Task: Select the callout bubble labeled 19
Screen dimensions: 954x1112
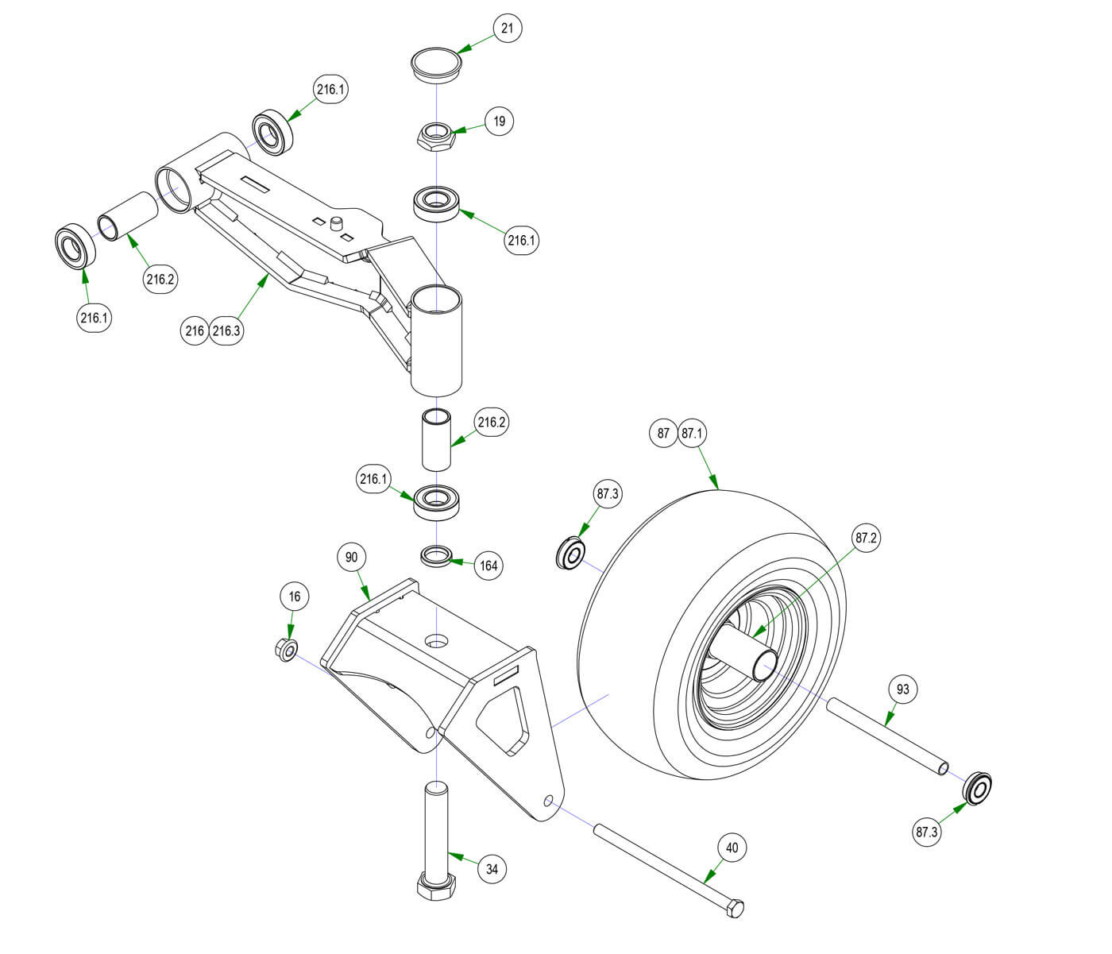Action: tap(499, 122)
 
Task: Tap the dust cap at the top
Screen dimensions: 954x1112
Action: tap(436, 64)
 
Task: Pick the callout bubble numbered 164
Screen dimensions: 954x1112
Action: tap(488, 566)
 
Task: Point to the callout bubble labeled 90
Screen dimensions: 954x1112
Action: tap(352, 558)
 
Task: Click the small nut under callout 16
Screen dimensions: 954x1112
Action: tap(287, 650)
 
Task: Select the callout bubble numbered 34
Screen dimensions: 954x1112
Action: tap(492, 869)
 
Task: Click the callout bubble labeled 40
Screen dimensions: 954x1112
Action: tap(732, 848)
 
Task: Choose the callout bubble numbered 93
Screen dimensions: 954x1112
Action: tap(902, 689)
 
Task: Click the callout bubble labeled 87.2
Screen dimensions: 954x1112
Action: tap(866, 538)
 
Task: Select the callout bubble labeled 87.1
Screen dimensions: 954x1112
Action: tap(692, 434)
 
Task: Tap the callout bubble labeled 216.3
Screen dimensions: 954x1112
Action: tap(226, 330)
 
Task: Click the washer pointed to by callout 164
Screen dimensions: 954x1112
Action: tap(436, 554)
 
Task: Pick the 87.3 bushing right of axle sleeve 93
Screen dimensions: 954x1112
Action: tap(979, 788)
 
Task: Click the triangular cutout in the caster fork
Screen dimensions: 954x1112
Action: tap(501, 719)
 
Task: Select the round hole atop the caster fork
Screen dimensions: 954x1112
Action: tap(435, 639)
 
